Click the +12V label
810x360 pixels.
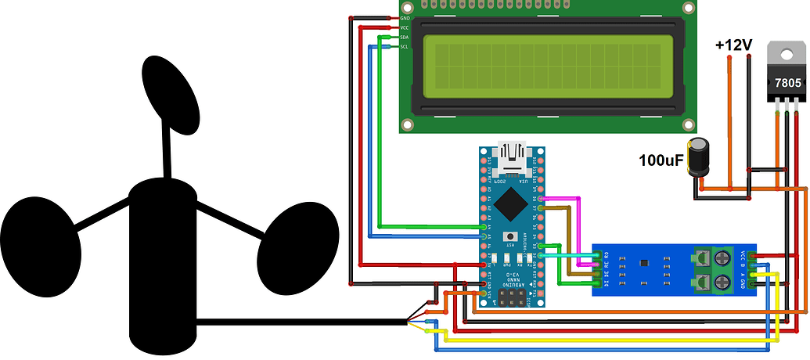pyautogui.click(x=733, y=45)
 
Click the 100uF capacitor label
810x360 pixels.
pyautogui.click(x=661, y=162)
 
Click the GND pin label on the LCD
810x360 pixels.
pyautogui.click(x=405, y=18)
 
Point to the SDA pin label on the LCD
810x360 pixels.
pyautogui.click(x=405, y=37)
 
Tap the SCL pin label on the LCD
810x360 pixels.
pyautogui.click(x=405, y=47)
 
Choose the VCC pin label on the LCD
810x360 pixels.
pyautogui.click(x=405, y=27)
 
